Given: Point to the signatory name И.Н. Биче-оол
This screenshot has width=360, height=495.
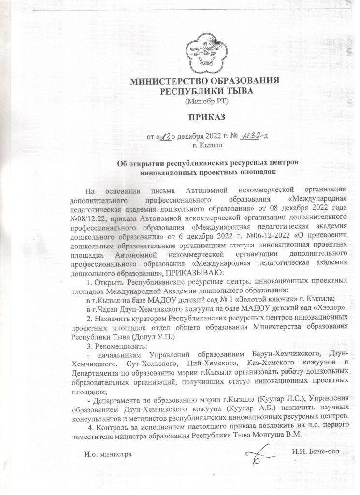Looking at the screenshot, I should pos(315,451).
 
